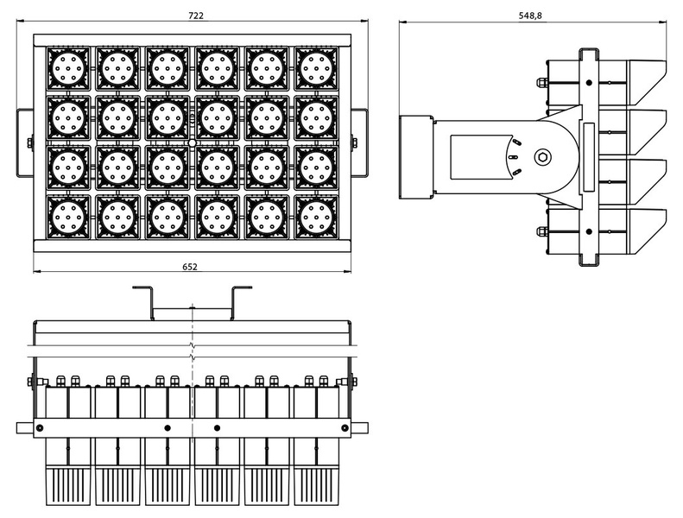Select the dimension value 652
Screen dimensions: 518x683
click(x=190, y=267)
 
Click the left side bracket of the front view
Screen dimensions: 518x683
click(x=22, y=142)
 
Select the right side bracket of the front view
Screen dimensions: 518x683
click(x=357, y=142)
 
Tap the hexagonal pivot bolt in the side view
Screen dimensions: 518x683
click(x=542, y=156)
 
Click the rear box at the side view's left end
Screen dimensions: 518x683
click(x=415, y=156)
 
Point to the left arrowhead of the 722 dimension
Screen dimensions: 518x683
click(x=35, y=23)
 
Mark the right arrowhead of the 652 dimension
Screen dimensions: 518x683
click(x=346, y=273)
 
